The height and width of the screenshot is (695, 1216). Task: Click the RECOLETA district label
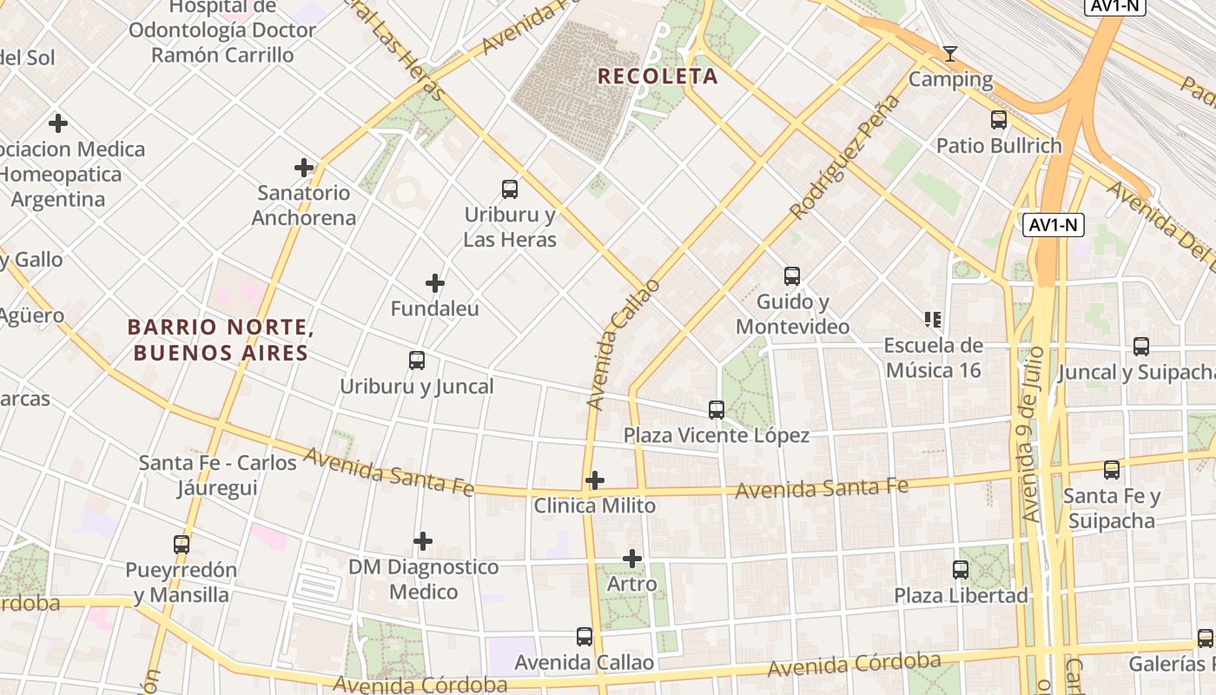(x=658, y=76)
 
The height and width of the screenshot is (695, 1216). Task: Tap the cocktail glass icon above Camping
(x=950, y=54)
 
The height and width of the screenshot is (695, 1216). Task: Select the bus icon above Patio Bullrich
(x=999, y=120)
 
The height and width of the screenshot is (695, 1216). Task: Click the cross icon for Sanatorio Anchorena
(x=304, y=167)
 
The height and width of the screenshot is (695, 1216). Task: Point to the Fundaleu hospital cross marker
(x=435, y=283)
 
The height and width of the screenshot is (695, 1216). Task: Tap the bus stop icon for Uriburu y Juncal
(x=417, y=360)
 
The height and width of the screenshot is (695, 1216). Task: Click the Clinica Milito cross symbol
(x=595, y=480)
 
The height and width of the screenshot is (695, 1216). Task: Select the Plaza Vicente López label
(x=717, y=435)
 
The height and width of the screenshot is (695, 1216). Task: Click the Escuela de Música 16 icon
(x=934, y=320)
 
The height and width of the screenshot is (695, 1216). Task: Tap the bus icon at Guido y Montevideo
(x=792, y=276)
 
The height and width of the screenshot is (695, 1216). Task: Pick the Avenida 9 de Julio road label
(x=1031, y=446)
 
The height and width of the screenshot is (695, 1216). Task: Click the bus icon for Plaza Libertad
(x=961, y=570)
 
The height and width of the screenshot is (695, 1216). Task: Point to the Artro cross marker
(x=632, y=558)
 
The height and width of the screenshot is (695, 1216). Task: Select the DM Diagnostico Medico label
(x=423, y=579)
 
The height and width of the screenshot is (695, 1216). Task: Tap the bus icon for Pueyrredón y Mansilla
(x=182, y=545)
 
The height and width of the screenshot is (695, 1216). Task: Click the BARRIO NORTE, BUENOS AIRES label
(x=218, y=340)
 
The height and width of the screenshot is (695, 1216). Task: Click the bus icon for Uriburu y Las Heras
(x=510, y=189)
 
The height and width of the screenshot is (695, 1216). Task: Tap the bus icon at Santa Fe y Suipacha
(x=1112, y=470)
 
